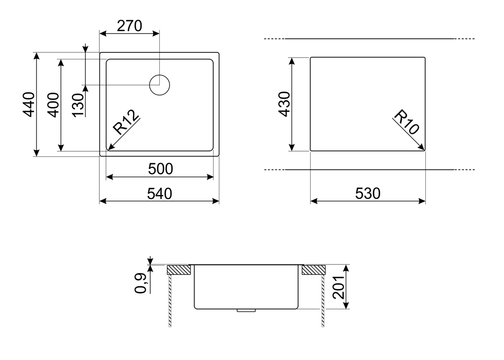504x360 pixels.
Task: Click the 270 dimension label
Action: pyautogui.click(x=129, y=26)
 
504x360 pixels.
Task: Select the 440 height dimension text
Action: pyautogui.click(x=29, y=105)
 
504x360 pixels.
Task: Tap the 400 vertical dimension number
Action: pyautogui.click(x=53, y=105)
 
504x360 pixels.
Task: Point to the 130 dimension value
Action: pyautogui.click(x=78, y=105)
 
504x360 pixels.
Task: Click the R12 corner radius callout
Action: pyautogui.click(x=126, y=122)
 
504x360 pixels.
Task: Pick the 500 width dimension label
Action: pyautogui.click(x=160, y=169)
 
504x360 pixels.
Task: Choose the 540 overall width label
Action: pyautogui.click(x=160, y=193)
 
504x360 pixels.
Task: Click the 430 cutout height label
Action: pyautogui.click(x=285, y=104)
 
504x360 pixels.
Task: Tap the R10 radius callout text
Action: pyautogui.click(x=407, y=122)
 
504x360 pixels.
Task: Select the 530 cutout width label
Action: pyautogui.click(x=368, y=193)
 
